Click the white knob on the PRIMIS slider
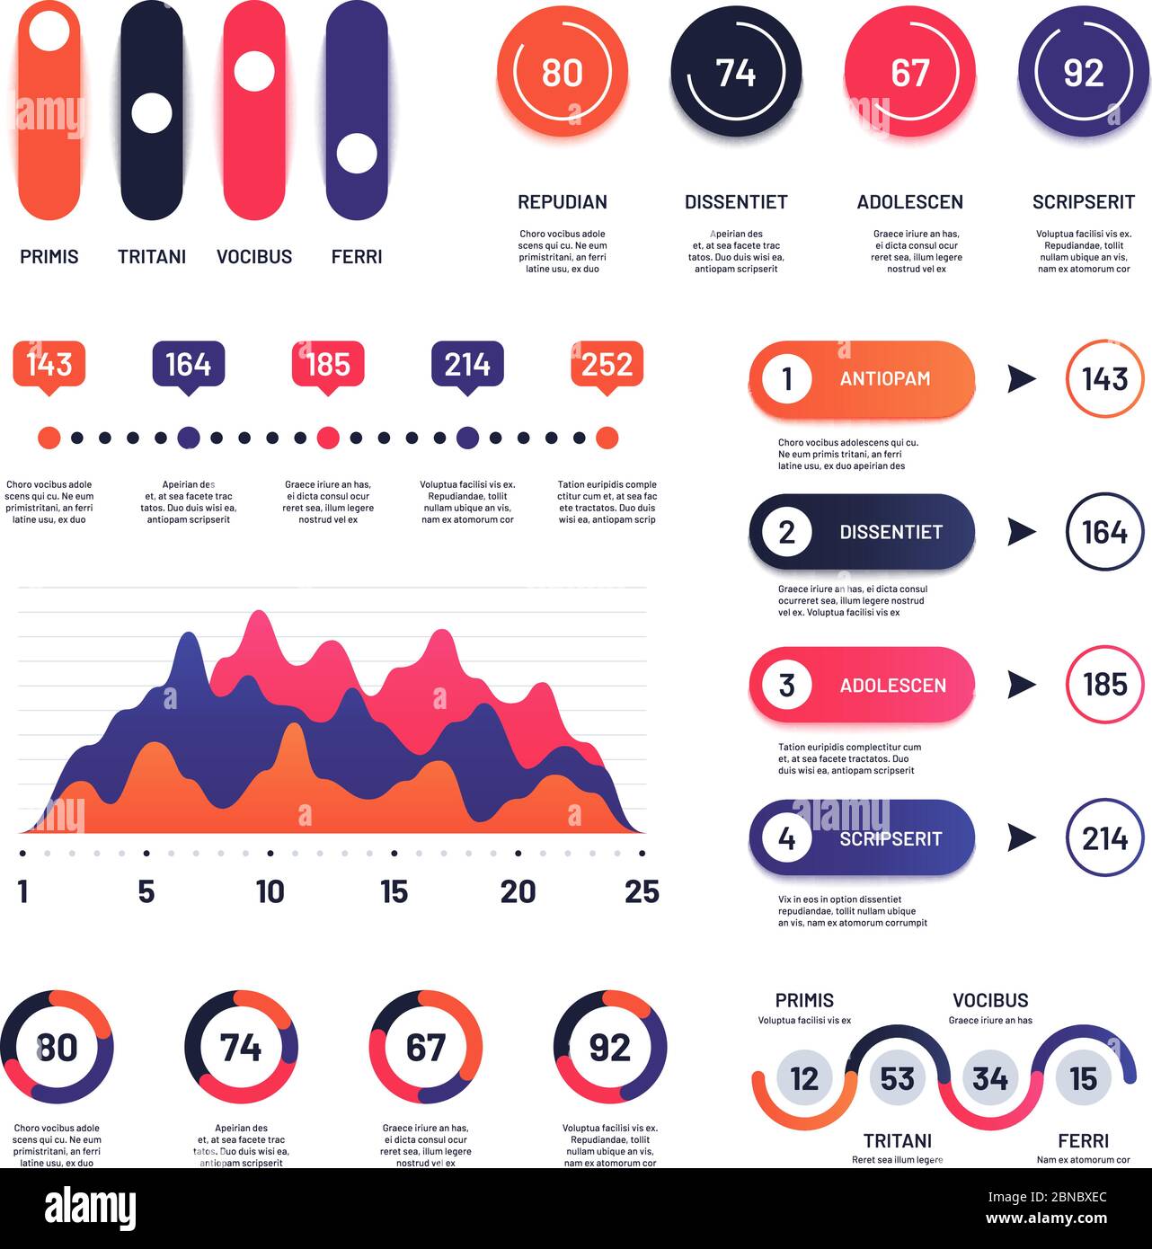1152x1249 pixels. (49, 31)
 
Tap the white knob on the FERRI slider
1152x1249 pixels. (357, 154)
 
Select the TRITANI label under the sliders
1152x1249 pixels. (152, 257)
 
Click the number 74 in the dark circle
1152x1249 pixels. (735, 73)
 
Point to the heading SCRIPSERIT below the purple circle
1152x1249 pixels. (1084, 202)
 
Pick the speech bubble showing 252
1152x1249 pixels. (607, 368)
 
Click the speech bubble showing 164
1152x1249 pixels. (189, 368)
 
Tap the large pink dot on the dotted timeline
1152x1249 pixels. (328, 438)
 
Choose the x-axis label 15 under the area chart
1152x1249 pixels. (394, 891)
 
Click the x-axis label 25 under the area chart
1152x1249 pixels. (642, 891)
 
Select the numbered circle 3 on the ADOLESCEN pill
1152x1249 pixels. (786, 685)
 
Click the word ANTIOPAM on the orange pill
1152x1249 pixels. (884, 378)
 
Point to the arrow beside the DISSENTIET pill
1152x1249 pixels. (1022, 532)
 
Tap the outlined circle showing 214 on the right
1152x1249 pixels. (1104, 838)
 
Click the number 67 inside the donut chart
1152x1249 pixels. (426, 1048)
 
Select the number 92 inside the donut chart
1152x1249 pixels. (610, 1048)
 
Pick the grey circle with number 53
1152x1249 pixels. (897, 1079)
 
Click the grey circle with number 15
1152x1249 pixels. (1084, 1079)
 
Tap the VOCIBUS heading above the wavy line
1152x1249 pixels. (990, 1001)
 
